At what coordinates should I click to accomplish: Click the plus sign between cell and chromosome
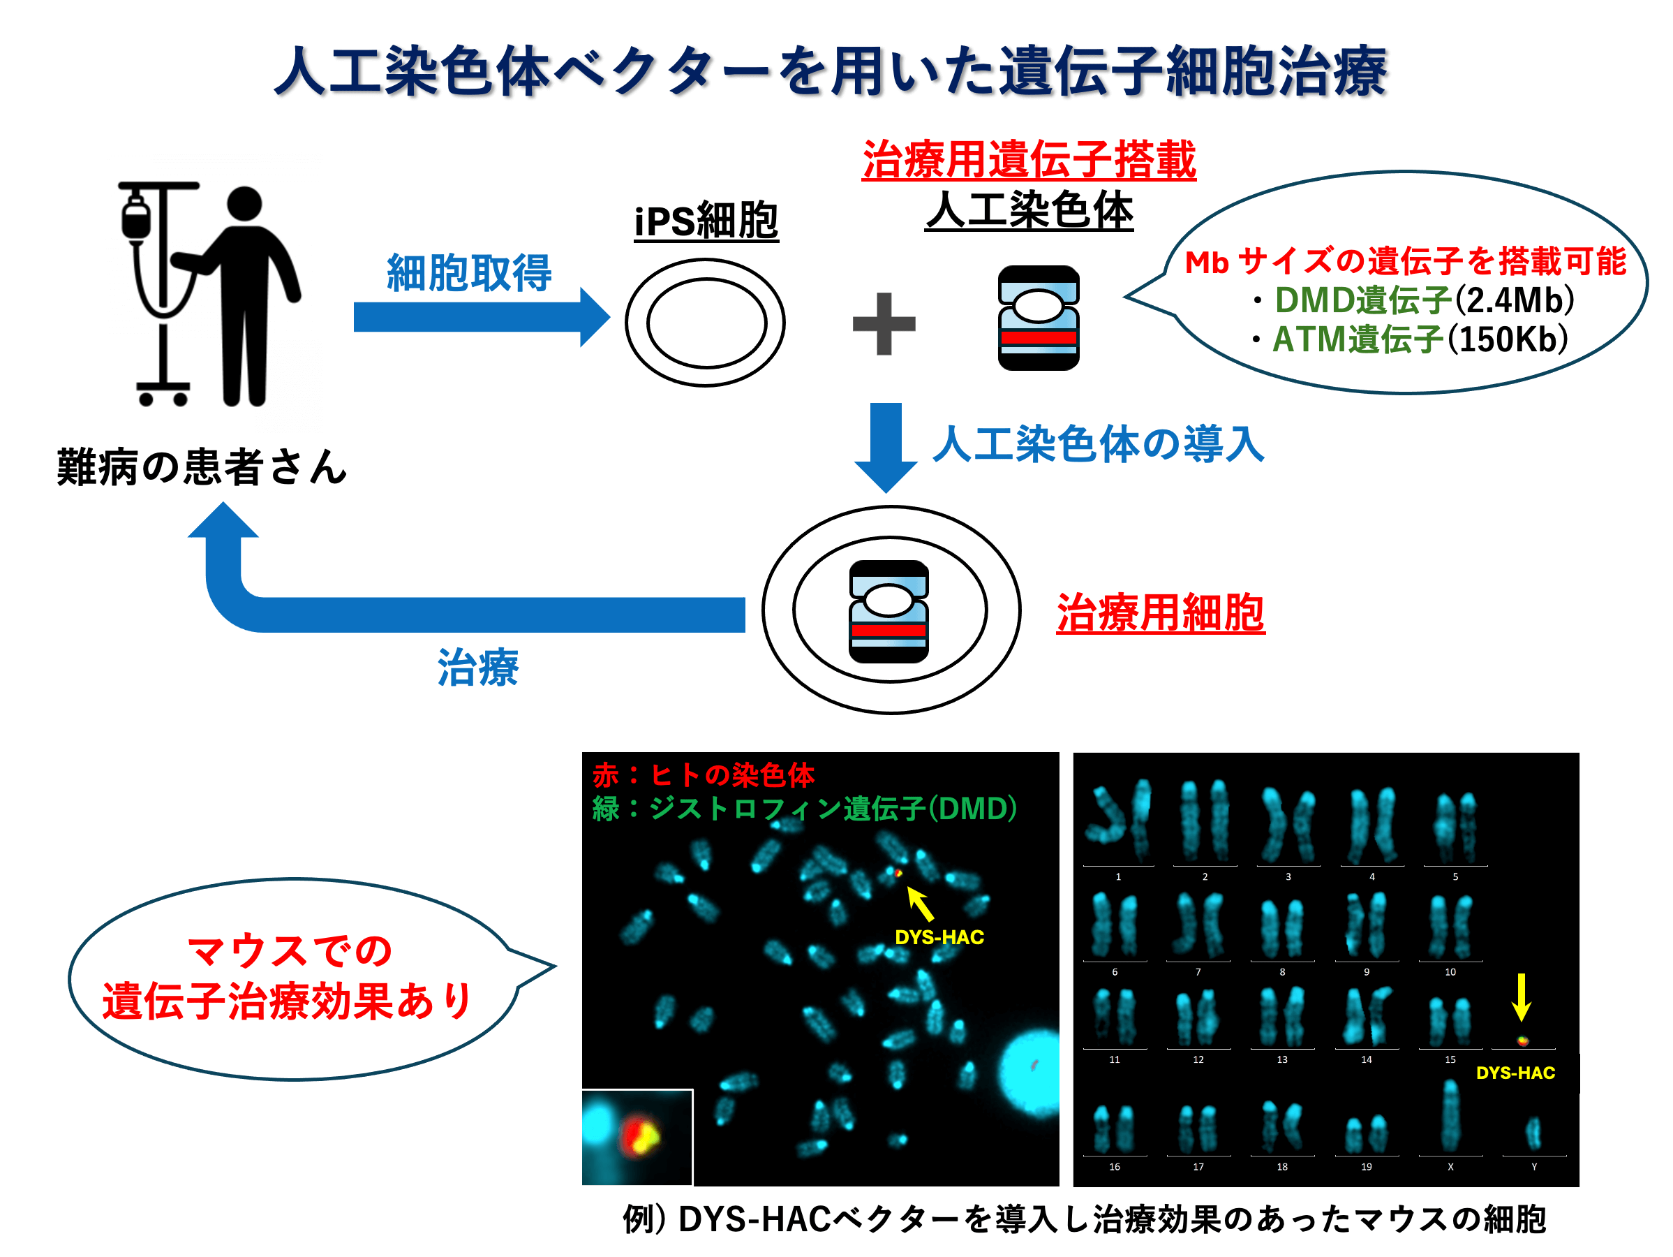tap(884, 324)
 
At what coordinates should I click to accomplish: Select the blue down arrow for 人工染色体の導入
tap(886, 446)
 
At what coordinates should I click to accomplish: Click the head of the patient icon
tap(244, 204)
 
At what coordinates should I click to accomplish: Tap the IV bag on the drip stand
tap(137, 219)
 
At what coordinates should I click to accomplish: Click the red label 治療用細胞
tap(1160, 613)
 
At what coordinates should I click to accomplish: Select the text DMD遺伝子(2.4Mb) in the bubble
tap(1424, 300)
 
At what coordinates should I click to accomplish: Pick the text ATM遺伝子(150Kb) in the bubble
tap(1420, 340)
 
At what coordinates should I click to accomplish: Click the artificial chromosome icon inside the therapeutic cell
tap(888, 612)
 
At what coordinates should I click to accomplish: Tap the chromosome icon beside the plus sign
tap(1039, 318)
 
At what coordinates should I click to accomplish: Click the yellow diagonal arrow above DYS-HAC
tap(920, 904)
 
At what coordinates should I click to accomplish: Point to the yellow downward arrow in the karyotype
tap(1521, 997)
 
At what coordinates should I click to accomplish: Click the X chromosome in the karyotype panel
tap(1450, 1115)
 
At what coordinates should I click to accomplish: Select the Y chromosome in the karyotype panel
tap(1533, 1132)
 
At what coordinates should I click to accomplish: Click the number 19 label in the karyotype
tap(1366, 1167)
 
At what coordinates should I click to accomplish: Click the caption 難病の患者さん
tap(201, 467)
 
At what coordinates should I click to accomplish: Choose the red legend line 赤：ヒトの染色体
tap(704, 774)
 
